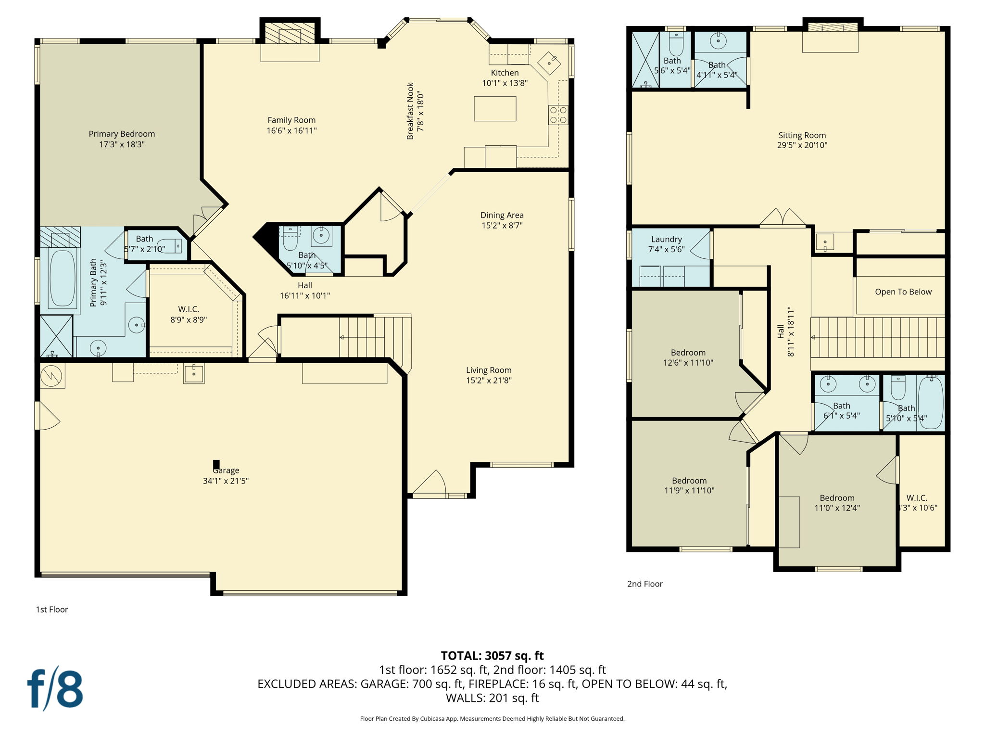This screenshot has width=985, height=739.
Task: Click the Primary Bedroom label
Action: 122,134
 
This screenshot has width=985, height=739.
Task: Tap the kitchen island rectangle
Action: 495,109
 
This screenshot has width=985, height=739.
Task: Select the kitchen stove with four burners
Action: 558,115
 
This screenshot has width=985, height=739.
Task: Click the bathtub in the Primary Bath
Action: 63,279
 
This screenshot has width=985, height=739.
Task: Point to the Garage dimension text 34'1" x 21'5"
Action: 226,481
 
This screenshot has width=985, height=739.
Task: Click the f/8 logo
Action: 55,688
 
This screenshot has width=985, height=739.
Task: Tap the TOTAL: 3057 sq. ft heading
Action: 492,655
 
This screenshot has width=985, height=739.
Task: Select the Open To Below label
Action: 903,292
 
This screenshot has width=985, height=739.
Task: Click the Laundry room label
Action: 666,240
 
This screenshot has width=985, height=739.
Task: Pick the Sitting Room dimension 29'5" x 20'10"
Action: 802,145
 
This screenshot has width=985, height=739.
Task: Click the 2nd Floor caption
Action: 644,584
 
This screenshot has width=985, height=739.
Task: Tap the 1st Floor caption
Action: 52,609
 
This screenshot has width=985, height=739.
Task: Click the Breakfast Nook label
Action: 410,111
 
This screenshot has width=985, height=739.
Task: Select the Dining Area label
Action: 502,215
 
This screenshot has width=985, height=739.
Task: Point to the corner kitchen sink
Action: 549,62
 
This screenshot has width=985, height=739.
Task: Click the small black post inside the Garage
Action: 216,464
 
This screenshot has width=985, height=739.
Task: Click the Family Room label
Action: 291,120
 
